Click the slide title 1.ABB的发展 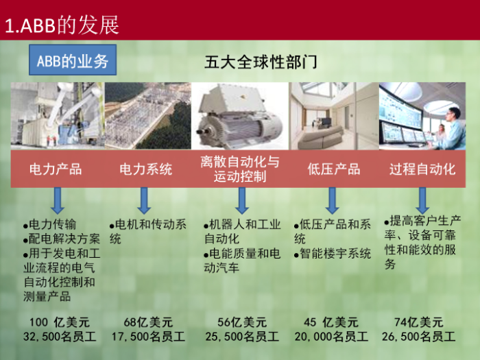click(62, 25)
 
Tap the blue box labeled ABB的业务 click(73, 60)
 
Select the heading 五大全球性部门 click(261, 62)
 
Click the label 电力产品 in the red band click(56, 169)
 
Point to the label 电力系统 click(145, 169)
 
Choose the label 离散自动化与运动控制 click(240, 169)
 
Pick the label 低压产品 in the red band click(334, 169)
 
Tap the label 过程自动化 click(422, 169)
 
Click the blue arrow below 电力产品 click(57, 201)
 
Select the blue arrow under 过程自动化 click(422, 201)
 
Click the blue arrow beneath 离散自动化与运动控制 click(242, 201)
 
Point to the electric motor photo click(240, 116)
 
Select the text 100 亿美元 click(60, 322)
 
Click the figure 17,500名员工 click(148, 337)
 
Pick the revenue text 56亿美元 click(242, 322)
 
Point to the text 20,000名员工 click(331, 337)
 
